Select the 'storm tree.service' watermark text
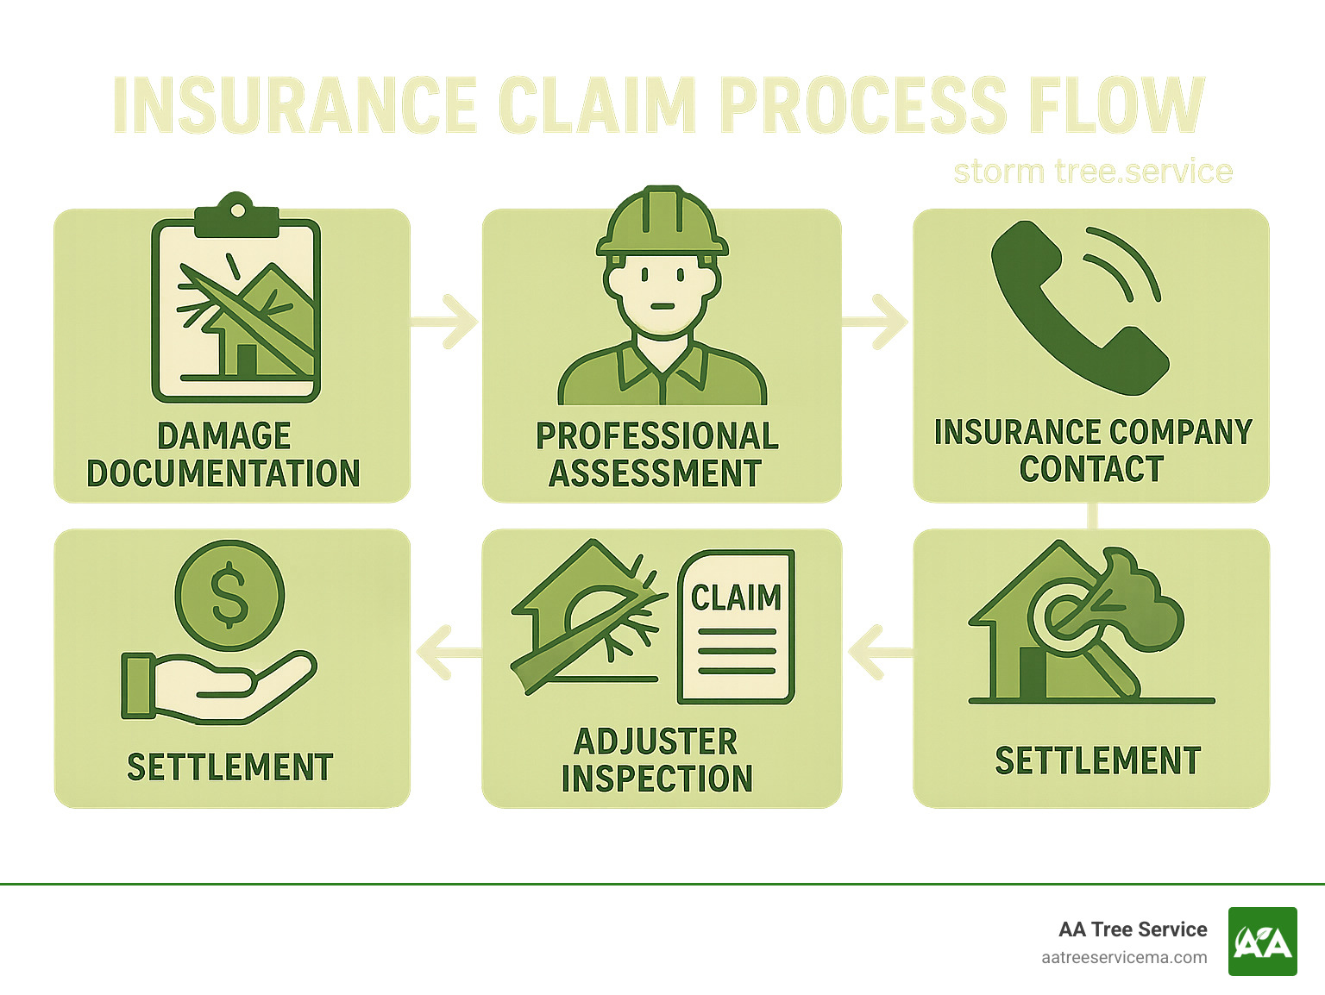pyautogui.click(x=1092, y=172)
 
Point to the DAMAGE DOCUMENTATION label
pyautogui.click(x=223, y=454)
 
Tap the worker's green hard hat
pyautogui.click(x=662, y=222)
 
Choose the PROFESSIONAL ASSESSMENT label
pyautogui.click(x=656, y=454)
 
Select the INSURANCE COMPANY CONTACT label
pyautogui.click(x=1092, y=450)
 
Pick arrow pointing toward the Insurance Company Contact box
pyautogui.click(x=876, y=322)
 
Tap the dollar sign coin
pyautogui.click(x=229, y=595)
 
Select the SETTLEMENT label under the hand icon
pyautogui.click(x=229, y=767)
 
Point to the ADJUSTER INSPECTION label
pyautogui.click(x=656, y=760)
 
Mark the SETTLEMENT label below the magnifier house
pyautogui.click(x=1097, y=760)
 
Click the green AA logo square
pyautogui.click(x=1262, y=942)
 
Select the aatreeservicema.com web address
pyautogui.click(x=1124, y=957)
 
